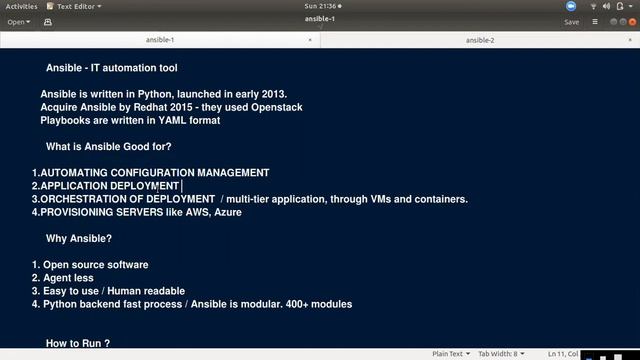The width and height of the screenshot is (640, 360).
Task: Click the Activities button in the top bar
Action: tap(21, 6)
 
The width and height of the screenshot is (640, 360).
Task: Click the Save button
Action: tap(571, 21)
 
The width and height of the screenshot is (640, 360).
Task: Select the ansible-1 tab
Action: tap(160, 40)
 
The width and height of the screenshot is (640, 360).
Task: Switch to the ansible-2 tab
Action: tap(480, 40)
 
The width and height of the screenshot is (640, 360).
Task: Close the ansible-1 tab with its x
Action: tap(310, 40)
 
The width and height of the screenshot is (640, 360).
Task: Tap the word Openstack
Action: tap(275, 107)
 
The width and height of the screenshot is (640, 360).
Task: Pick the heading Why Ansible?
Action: tap(79, 238)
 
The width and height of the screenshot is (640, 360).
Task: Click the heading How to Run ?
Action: tap(77, 343)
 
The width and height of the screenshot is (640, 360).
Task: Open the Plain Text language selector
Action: tap(450, 353)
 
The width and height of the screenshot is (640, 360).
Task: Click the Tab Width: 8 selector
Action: tap(499, 353)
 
